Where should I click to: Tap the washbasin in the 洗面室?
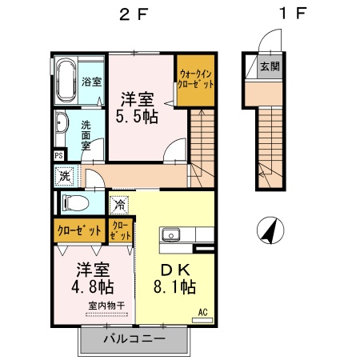pos(62,123)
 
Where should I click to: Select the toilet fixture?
pos(75,203)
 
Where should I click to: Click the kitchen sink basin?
pos(170,235)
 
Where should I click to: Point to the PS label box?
pos(59,155)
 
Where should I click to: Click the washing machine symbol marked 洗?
pos(65,176)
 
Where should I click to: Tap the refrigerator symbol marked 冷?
pos(119,205)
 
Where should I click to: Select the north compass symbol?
pos(270,230)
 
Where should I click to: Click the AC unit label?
pos(202,312)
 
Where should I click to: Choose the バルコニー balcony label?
pos(134,339)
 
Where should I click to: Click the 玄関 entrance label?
pos(270,66)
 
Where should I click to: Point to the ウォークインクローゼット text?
pos(196,79)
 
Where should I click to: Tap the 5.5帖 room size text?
pos(137,117)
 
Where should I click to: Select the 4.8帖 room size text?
pos(93,287)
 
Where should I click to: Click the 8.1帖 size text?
pos(175,287)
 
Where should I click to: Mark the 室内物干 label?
pos(107,306)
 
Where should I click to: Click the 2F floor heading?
pos(134,14)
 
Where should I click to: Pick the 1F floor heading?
pos(293,14)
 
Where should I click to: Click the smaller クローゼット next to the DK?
pos(121,230)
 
